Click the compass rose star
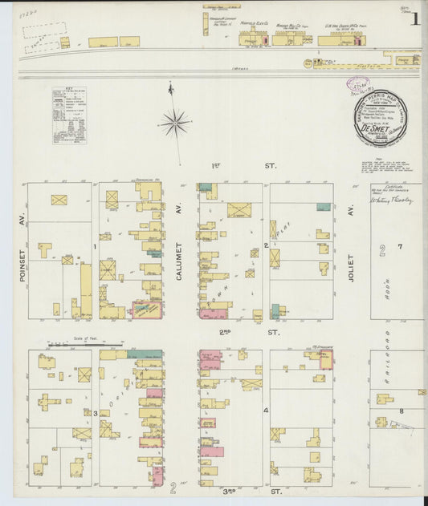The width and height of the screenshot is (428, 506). tap(174, 123)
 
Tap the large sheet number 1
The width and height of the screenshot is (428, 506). tap(414, 20)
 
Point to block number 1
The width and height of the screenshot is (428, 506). tap(96, 247)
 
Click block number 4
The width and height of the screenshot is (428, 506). tap(267, 411)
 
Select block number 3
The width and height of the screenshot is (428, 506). tap(96, 413)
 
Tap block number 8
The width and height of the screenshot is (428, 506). tap(402, 411)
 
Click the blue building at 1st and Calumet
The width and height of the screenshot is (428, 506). tap(206, 186)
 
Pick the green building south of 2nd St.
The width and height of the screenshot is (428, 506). tap(145, 353)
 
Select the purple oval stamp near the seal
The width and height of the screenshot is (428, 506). tap(357, 83)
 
